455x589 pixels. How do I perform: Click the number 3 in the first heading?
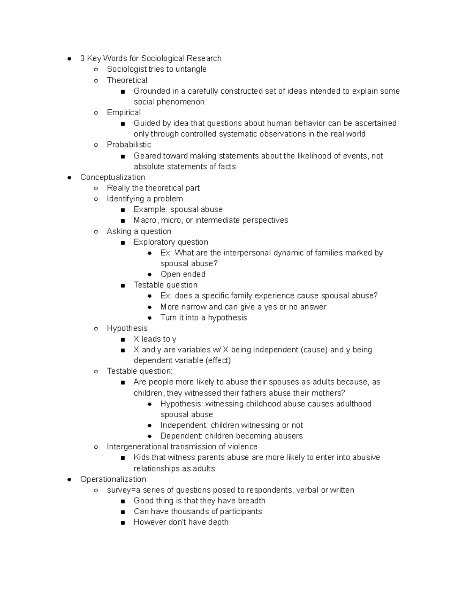(x=82, y=58)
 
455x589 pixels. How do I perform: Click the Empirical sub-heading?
(x=124, y=112)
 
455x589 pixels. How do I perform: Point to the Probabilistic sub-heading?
(x=129, y=145)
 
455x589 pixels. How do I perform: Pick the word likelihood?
(x=314, y=156)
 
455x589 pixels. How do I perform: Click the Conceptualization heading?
(x=113, y=177)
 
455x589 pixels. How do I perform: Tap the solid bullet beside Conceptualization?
(x=69, y=177)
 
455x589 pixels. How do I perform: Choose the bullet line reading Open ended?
(x=183, y=274)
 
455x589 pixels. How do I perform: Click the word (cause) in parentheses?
(x=314, y=350)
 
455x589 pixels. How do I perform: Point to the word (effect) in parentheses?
(x=218, y=360)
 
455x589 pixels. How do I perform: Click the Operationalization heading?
(x=113, y=479)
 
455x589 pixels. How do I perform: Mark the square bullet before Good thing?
(x=122, y=501)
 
